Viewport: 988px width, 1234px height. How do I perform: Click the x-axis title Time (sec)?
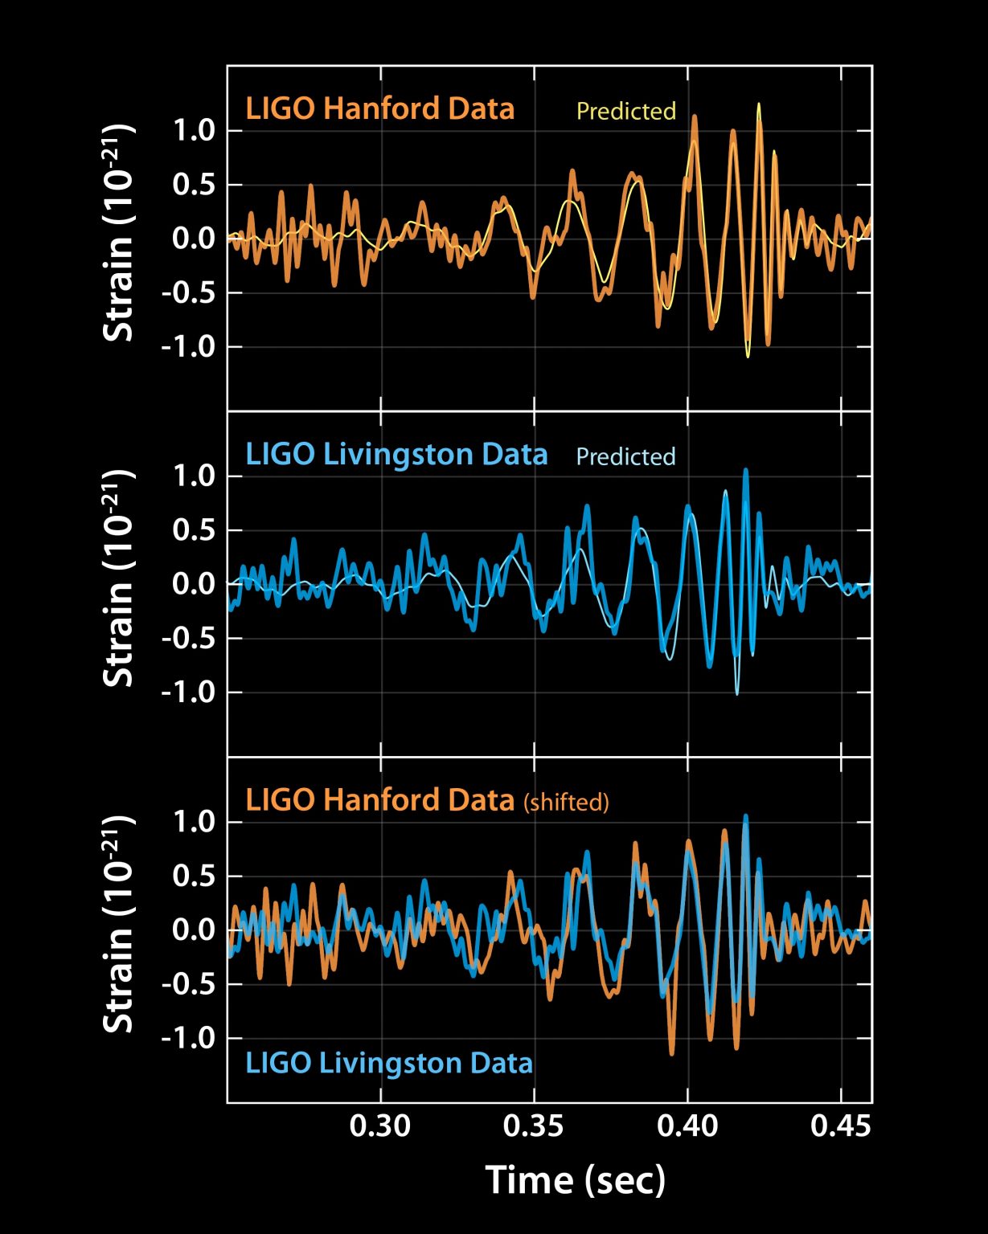point(576,1180)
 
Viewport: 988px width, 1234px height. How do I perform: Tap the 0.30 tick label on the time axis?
point(379,1126)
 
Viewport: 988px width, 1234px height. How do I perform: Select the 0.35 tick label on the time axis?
point(534,1126)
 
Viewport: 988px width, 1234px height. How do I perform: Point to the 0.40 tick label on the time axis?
point(687,1126)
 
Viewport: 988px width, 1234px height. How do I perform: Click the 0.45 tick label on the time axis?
point(840,1126)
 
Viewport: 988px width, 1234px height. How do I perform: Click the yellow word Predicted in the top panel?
point(625,111)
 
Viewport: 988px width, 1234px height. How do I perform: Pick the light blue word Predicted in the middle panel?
point(625,456)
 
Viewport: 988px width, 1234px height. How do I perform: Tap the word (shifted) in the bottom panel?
point(566,802)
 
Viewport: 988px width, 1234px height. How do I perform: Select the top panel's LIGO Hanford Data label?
point(379,108)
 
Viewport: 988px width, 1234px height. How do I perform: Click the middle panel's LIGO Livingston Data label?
point(396,454)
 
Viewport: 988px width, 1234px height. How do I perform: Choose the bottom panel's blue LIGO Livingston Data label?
point(389,1063)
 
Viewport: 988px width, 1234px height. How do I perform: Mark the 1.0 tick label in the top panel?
point(195,130)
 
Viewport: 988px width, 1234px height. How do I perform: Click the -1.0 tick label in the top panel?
point(189,346)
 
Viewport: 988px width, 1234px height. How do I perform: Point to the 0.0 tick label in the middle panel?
point(195,584)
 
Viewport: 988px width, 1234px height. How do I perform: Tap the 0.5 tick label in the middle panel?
point(195,530)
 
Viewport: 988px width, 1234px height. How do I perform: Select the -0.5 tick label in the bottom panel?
point(189,983)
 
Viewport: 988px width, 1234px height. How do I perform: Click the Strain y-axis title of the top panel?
point(118,233)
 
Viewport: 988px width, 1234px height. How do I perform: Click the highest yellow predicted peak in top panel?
point(758,104)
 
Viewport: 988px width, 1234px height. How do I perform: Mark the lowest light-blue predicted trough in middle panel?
point(736,693)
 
